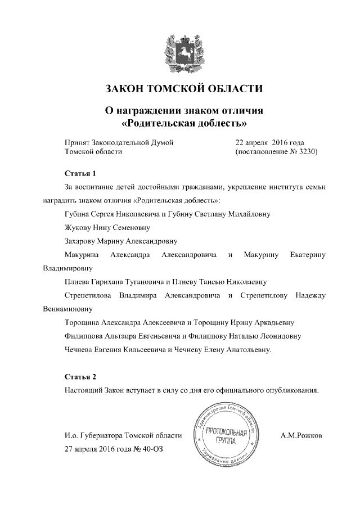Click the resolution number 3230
point(307,152)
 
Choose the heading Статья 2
point(82,376)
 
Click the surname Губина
point(80,214)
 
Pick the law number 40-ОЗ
point(155,449)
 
